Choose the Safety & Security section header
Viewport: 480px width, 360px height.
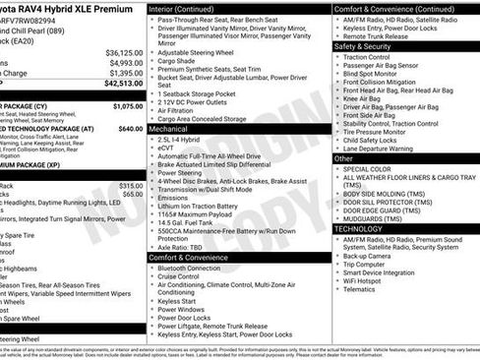[362, 46]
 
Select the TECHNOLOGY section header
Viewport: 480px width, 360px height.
[358, 228]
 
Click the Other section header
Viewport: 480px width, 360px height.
[343, 157]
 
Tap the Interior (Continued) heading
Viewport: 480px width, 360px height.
[188, 7]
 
